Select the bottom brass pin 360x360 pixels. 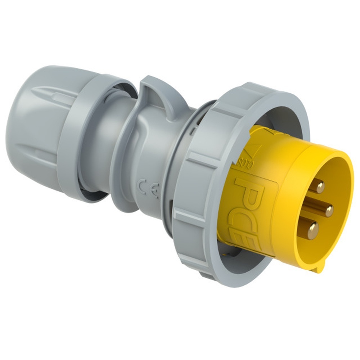[x=312, y=229]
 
